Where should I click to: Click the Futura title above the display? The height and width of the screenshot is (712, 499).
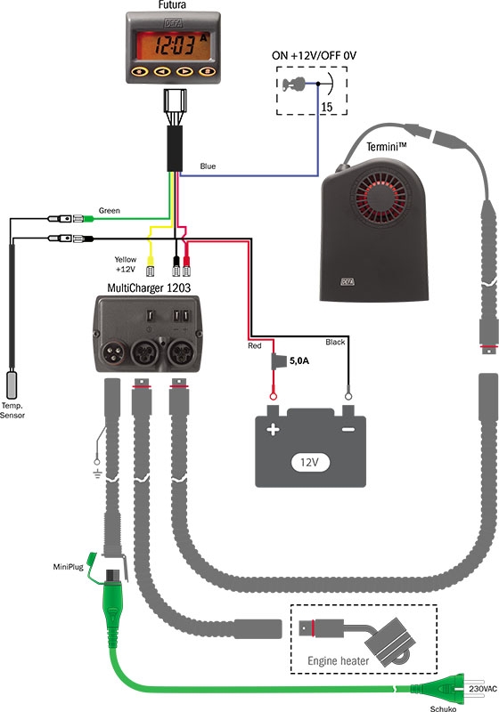(x=172, y=5)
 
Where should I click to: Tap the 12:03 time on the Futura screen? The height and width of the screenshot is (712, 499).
(x=175, y=45)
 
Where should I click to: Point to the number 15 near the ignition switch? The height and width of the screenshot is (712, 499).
(x=327, y=107)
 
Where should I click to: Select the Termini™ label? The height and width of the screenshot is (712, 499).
(x=387, y=147)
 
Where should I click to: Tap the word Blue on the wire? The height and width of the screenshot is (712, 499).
(x=208, y=166)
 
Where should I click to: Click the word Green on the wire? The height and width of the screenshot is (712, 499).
(x=110, y=211)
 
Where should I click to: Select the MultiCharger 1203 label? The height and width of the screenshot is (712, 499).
(x=149, y=287)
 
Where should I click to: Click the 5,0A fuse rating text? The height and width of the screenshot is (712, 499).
(x=299, y=361)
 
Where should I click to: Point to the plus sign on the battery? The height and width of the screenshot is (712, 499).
(x=273, y=429)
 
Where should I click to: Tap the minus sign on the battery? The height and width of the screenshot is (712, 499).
(x=348, y=429)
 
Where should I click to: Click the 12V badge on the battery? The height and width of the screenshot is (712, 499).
(x=309, y=462)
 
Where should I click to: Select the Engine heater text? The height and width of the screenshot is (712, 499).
(x=338, y=660)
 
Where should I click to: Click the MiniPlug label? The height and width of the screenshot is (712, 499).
(x=69, y=567)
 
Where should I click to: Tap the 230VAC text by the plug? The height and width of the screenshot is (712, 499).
(x=483, y=689)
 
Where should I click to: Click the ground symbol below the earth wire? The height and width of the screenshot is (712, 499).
(x=97, y=474)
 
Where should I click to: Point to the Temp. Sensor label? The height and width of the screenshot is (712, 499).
(x=12, y=410)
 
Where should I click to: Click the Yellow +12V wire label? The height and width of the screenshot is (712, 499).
(x=126, y=264)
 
